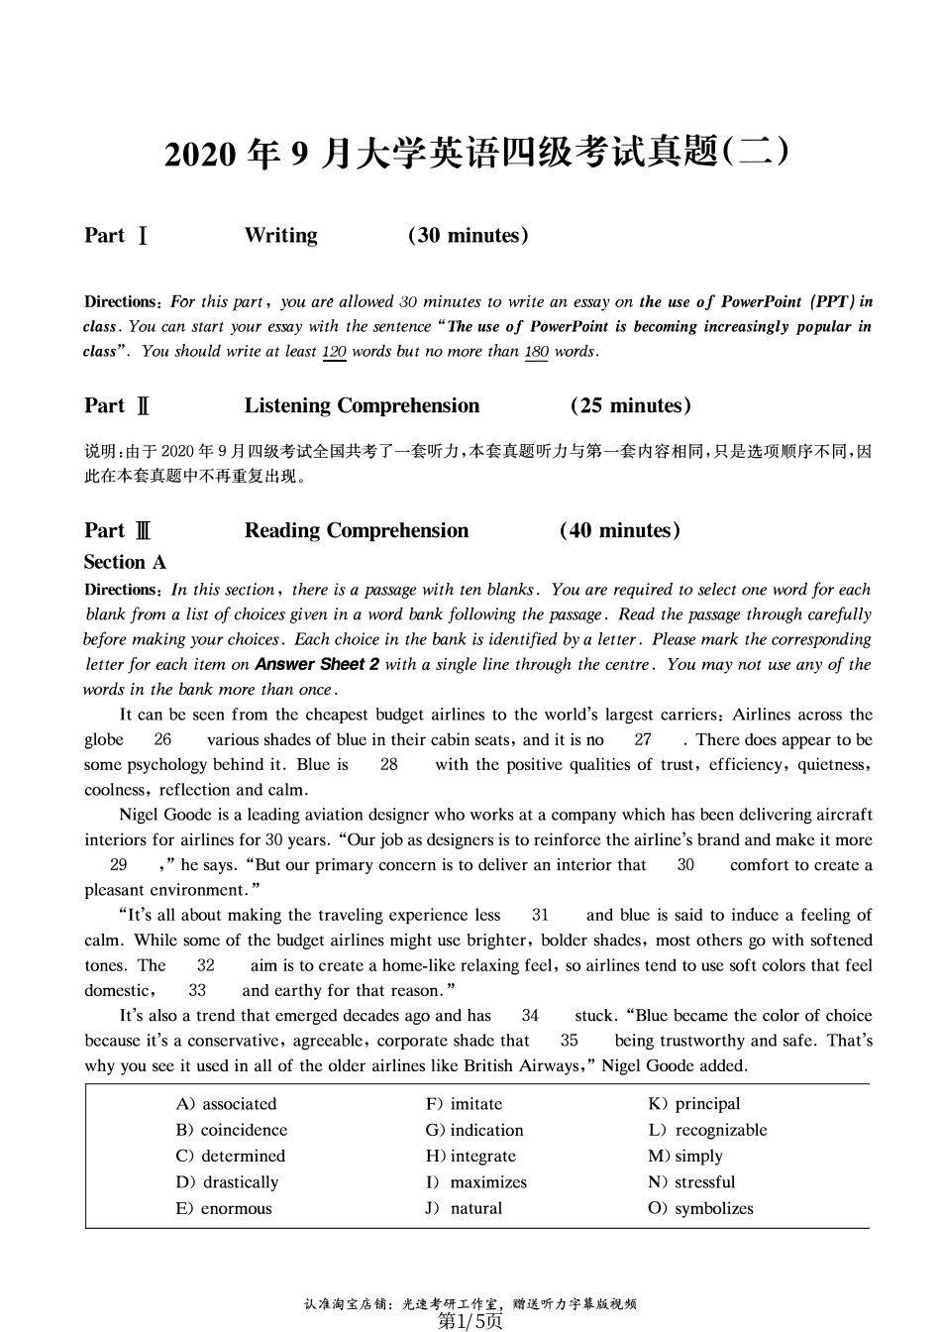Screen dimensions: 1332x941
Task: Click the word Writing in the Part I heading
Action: [280, 236]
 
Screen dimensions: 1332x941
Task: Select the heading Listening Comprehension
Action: [362, 406]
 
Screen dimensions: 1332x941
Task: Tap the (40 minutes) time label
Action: [620, 531]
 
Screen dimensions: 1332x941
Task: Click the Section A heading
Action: [125, 563]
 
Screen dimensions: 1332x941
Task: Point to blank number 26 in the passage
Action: [162, 740]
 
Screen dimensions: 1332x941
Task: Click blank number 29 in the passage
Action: [119, 865]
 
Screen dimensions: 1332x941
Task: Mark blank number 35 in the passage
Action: [570, 1041]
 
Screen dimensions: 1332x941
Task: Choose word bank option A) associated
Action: [227, 1104]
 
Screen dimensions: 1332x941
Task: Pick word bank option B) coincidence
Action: [232, 1130]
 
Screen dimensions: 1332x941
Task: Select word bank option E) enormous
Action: [224, 1209]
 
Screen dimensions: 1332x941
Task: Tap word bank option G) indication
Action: [474, 1130]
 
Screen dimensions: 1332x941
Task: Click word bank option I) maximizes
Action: [476, 1182]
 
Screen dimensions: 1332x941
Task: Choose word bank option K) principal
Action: [694, 1104]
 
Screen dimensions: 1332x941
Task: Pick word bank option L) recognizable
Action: [707, 1130]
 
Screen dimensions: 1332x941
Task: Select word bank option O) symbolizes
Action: [700, 1209]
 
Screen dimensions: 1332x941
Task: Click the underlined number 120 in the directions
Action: [334, 352]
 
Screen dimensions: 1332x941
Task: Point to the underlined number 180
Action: [536, 352]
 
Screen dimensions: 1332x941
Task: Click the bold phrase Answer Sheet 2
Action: [317, 665]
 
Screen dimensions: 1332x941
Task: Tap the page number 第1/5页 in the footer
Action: [470, 1321]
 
